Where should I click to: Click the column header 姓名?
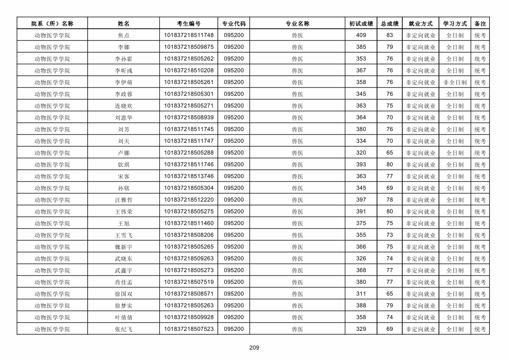(124, 24)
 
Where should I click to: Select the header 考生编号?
(189, 24)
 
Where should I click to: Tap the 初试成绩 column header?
(361, 24)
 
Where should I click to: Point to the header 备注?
(480, 24)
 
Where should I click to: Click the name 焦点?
(124, 35)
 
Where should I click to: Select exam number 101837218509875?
(189, 47)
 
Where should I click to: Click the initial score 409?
(361, 35)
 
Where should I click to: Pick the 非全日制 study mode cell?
(455, 82)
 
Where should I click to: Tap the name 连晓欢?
(124, 106)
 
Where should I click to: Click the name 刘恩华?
(124, 118)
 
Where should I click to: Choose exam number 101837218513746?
(189, 176)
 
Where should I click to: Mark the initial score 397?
(361, 200)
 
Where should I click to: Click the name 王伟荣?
(124, 212)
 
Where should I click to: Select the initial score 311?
(361, 294)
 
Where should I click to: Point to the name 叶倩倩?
(124, 317)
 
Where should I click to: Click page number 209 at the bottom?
(254, 347)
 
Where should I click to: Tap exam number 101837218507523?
(189, 329)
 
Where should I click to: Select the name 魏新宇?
(124, 247)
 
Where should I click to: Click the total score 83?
(390, 35)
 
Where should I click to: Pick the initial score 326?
(361, 259)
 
